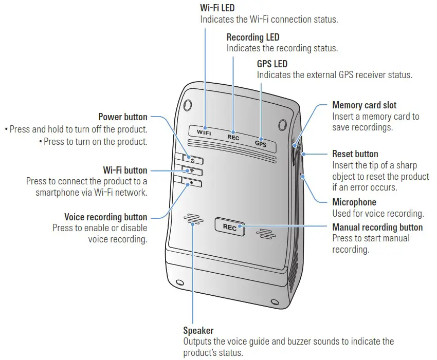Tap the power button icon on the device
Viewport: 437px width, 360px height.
pyautogui.click(x=191, y=160)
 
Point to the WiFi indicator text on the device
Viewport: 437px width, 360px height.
pyautogui.click(x=204, y=132)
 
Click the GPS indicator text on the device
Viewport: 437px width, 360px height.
pyautogui.click(x=261, y=143)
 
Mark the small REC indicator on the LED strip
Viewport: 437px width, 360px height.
pyautogui.click(x=233, y=138)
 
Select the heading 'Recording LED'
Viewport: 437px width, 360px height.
pyautogui.click(x=253, y=37)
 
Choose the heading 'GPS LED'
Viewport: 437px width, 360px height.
pyautogui.click(x=272, y=64)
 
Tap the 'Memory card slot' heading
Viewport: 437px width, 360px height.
pyautogui.click(x=364, y=105)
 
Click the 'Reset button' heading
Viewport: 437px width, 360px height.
pyautogui.click(x=355, y=154)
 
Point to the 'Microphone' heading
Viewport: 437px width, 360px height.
pyautogui.click(x=354, y=202)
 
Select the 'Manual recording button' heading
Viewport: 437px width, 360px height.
pyautogui.click(x=377, y=227)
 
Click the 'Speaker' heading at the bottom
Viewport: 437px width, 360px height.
pyautogui.click(x=198, y=330)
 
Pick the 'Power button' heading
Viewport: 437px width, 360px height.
pyautogui.click(x=122, y=117)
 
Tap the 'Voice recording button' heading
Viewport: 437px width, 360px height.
pyautogui.click(x=105, y=217)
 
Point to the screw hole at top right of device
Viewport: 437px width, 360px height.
pyautogui.click(x=282, y=124)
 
